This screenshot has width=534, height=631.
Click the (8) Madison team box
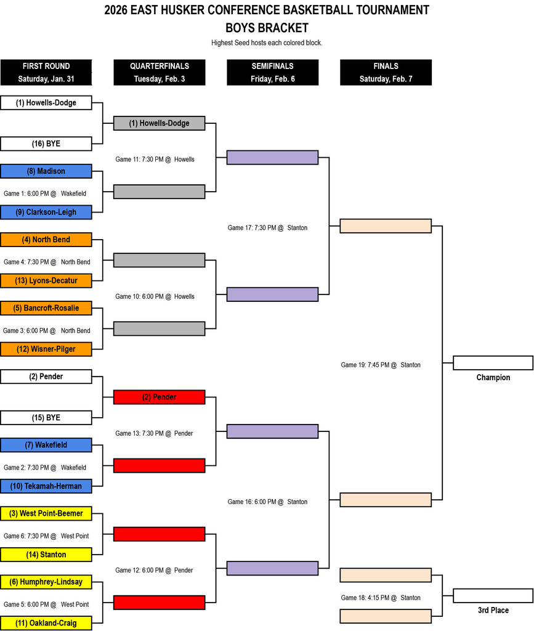[x=46, y=171]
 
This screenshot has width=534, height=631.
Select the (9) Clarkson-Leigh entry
[x=46, y=212]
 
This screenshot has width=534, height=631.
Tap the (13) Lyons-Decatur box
[x=46, y=280]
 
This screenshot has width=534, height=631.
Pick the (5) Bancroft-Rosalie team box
[x=46, y=308]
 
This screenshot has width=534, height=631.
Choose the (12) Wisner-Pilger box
[x=46, y=349]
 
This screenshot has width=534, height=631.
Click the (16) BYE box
[x=46, y=144]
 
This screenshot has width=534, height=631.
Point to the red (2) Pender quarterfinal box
[x=159, y=397]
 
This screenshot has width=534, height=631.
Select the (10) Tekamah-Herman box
[x=46, y=486]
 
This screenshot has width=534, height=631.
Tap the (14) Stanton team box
[x=46, y=555]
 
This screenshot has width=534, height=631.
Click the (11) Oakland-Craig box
[x=46, y=623]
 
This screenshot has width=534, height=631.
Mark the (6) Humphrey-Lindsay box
[x=46, y=582]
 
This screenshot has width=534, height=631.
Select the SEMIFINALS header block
[x=272, y=72]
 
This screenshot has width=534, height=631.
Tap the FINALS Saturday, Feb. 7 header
[x=386, y=72]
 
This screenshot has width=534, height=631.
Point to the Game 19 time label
[x=381, y=365]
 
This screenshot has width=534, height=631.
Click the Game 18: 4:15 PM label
[x=381, y=598]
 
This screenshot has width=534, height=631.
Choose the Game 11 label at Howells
[x=155, y=159]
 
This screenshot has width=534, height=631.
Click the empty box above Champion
[x=493, y=362]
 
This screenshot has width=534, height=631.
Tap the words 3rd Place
[x=493, y=610]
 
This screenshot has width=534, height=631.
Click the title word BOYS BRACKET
[x=267, y=28]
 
